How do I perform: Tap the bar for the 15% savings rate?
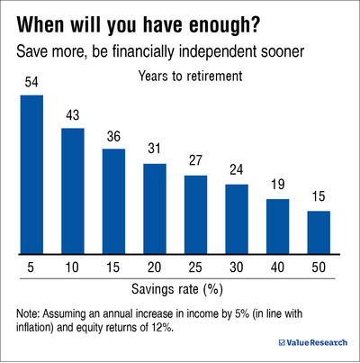tap(113, 201)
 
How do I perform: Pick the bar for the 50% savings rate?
tap(319, 232)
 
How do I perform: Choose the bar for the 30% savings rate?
tap(237, 219)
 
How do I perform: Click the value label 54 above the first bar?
tap(31, 82)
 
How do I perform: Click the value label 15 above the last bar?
tap(319, 198)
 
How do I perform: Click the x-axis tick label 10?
tap(73, 269)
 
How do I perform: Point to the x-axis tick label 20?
tap(155, 269)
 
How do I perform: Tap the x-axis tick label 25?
tap(195, 269)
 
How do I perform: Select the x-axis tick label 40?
tap(277, 269)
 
